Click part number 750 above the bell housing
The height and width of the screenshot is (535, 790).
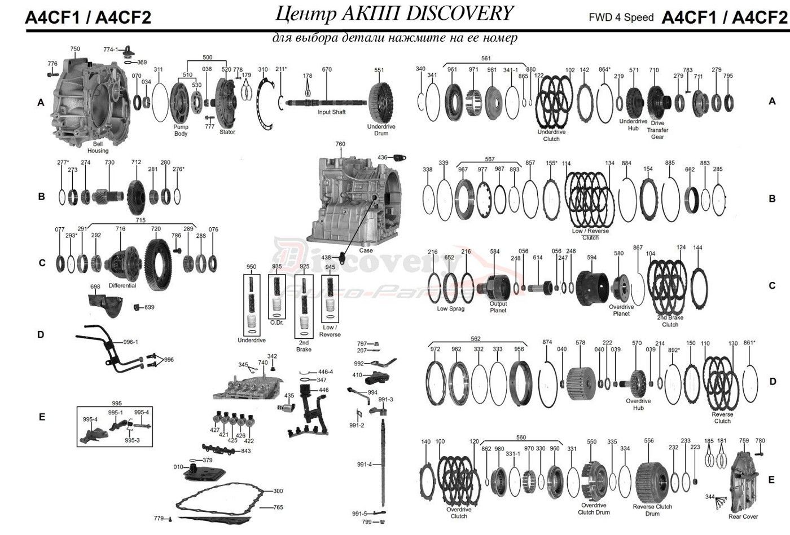[x=75, y=49]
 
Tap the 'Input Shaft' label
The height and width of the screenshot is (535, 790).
[x=331, y=112]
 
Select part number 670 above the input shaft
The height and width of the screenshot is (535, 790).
[x=327, y=69]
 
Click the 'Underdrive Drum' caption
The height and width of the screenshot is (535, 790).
[x=381, y=130]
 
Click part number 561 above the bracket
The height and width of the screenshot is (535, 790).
[x=486, y=58]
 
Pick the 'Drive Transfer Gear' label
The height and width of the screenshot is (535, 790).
[x=657, y=130]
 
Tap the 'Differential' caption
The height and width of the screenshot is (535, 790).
[x=122, y=285]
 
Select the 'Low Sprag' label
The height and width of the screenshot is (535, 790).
[x=450, y=308]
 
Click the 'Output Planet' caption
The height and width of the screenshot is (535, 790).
[x=498, y=307]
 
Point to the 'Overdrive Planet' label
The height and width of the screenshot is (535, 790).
[x=621, y=310]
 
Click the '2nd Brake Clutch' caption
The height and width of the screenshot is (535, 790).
[x=670, y=321]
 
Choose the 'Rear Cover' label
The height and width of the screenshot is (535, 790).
[x=743, y=516]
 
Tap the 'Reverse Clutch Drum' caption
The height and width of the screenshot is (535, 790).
[x=652, y=510]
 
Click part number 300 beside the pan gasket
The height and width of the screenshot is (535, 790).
[x=278, y=491]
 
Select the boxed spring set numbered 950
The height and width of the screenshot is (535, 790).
[x=251, y=305]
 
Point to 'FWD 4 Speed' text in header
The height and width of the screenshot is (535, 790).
[x=621, y=17]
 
